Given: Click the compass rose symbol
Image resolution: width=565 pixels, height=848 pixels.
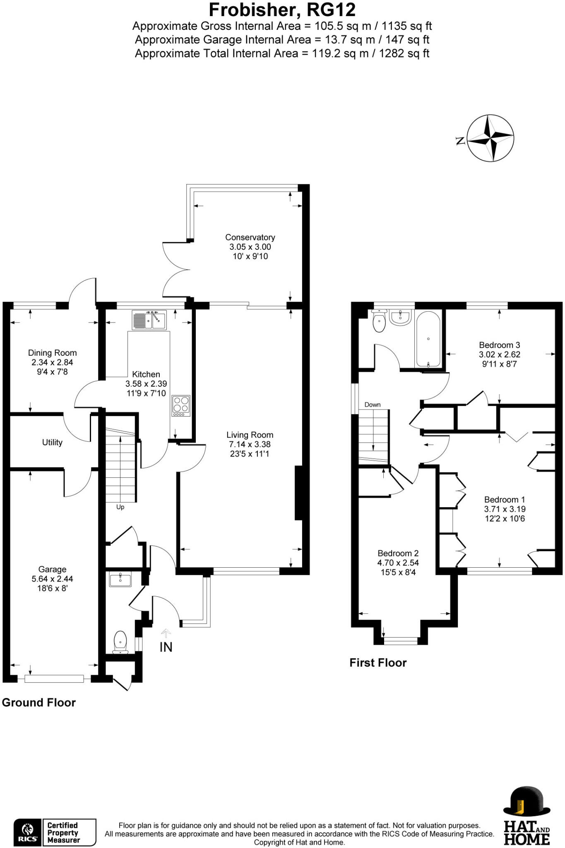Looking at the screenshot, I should (490, 138).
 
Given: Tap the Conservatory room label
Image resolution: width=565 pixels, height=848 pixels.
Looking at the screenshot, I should (250, 237).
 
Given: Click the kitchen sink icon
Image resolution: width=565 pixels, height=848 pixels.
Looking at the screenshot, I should (149, 320).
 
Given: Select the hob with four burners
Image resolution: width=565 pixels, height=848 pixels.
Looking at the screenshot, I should (181, 405).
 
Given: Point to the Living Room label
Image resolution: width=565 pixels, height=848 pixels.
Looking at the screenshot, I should (250, 435).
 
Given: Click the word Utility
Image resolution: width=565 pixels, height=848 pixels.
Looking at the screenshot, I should (52, 442).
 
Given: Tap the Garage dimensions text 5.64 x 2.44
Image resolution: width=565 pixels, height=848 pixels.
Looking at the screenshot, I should (53, 579).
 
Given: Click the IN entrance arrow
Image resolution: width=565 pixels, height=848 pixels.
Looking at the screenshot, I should (166, 634).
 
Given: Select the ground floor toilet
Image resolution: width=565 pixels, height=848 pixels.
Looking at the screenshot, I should (120, 641).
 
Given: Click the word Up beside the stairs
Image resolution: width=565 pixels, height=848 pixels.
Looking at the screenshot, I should (120, 507).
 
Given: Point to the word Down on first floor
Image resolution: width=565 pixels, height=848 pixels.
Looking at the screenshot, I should (373, 405).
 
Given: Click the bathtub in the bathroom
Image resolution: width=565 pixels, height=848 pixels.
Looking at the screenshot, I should (428, 339).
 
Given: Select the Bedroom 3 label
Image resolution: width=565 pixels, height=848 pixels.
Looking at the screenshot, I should (499, 345).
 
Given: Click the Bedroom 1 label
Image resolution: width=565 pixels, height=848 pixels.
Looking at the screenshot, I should (504, 499).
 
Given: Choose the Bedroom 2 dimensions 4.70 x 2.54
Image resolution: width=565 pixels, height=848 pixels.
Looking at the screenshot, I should (398, 563).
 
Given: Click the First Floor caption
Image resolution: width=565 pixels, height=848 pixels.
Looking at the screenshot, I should (378, 662).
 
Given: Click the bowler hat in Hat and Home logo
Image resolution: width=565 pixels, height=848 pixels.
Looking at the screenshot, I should (527, 801).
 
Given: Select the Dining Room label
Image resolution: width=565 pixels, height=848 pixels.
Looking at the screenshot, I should (52, 353).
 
